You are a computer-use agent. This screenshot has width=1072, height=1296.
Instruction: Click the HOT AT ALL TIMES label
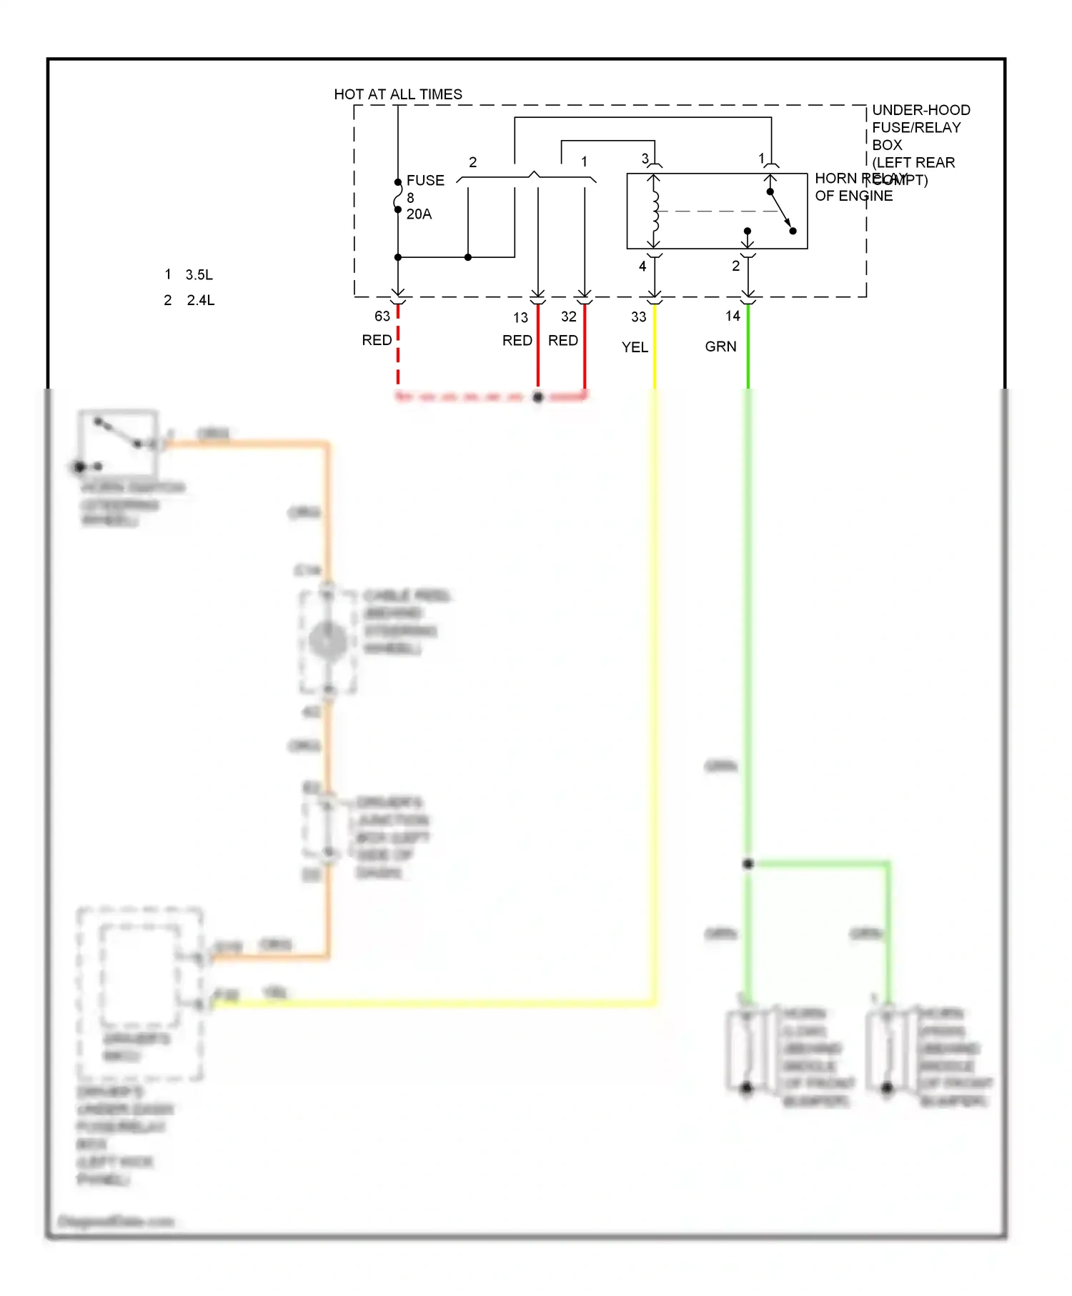pyautogui.click(x=397, y=94)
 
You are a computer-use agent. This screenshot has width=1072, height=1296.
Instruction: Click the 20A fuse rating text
pyautogui.click(x=419, y=214)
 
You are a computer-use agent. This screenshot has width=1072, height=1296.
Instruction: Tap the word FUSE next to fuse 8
pyautogui.click(x=425, y=181)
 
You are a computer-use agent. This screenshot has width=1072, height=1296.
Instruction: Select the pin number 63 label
pyautogui.click(x=382, y=316)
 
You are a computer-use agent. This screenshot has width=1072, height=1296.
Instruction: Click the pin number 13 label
pyautogui.click(x=520, y=317)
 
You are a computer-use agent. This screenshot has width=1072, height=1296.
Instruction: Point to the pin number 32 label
pyautogui.click(x=568, y=316)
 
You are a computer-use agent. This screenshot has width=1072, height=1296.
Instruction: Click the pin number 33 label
pyautogui.click(x=638, y=316)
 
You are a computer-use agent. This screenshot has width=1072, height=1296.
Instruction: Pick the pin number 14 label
pyautogui.click(x=733, y=316)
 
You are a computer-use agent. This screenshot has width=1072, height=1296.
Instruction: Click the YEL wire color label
pyautogui.click(x=635, y=347)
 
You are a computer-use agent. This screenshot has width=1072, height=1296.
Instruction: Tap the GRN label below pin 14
pyautogui.click(x=720, y=347)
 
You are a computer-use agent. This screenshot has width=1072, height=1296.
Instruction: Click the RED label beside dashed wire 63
pyautogui.click(x=377, y=340)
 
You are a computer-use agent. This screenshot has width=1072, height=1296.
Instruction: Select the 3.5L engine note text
pyautogui.click(x=199, y=275)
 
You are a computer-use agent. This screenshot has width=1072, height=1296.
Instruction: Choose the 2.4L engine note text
pyautogui.click(x=200, y=301)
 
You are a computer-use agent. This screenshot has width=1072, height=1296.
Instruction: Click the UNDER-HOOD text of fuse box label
pyautogui.click(x=920, y=110)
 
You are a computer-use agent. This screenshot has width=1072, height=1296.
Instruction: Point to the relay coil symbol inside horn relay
pyautogui.click(x=655, y=211)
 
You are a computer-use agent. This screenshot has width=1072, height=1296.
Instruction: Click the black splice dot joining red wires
pyautogui.click(x=538, y=397)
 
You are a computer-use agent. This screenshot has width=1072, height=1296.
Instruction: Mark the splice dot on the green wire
pyautogui.click(x=748, y=864)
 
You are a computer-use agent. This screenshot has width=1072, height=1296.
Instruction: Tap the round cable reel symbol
pyautogui.click(x=328, y=640)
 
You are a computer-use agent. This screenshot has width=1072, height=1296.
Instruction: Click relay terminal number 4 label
pyautogui.click(x=642, y=266)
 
